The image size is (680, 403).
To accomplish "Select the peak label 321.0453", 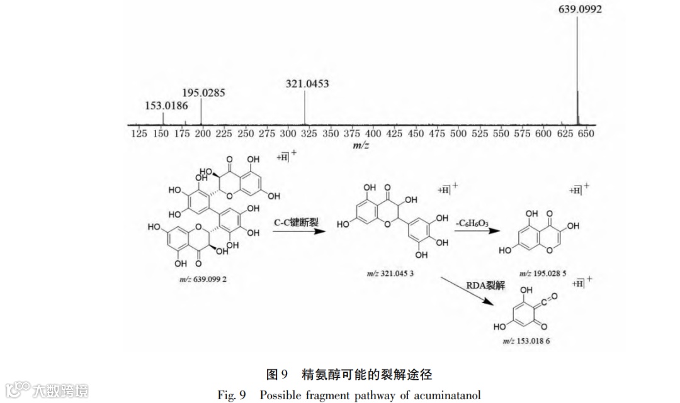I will [x=307, y=82].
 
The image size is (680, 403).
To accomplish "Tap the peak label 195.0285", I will [x=203, y=92].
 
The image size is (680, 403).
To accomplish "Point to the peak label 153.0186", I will [x=167, y=105].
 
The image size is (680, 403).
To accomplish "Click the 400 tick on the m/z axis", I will [x=373, y=133].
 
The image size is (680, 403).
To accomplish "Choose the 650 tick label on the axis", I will [x=586, y=133].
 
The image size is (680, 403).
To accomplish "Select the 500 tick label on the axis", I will [x=458, y=133].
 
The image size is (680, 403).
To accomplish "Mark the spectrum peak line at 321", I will [x=305, y=107].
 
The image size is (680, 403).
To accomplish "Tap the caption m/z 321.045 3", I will [x=391, y=274].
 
